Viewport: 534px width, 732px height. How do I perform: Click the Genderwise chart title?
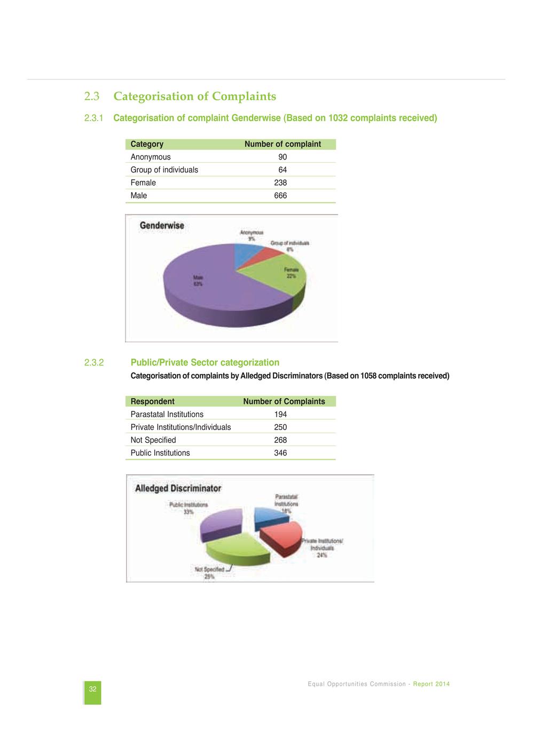[162, 226]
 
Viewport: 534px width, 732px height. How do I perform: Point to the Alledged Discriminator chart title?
[178, 488]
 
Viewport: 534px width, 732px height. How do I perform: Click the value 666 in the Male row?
[280, 196]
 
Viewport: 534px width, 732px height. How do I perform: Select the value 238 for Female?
[280, 182]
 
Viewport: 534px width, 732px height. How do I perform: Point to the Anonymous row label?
[151, 157]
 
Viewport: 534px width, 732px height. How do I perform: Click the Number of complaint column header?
[282, 144]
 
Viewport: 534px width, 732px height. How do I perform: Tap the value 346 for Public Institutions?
[280, 453]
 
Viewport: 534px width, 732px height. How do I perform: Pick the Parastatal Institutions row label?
[167, 415]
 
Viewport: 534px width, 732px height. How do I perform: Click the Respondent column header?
[152, 401]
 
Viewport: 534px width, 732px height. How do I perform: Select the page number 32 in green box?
[92, 689]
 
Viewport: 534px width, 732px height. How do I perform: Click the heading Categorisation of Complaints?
[194, 97]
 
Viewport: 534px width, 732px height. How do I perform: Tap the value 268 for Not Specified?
[280, 440]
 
